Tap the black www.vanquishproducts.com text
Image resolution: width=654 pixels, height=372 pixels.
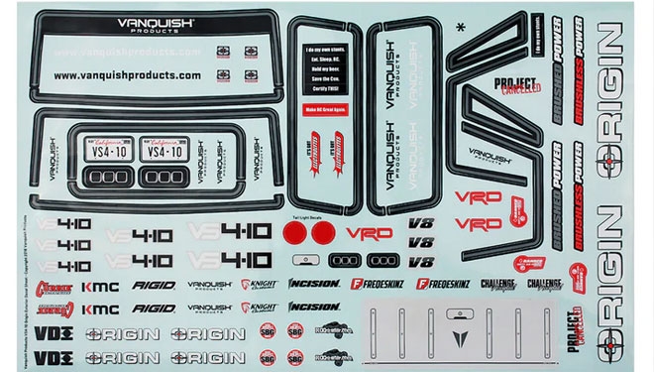[x=127, y=74]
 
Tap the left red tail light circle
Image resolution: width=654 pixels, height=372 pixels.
[x=293, y=233]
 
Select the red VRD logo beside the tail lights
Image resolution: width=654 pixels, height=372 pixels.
[x=369, y=233]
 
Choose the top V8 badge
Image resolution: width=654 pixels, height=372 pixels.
[x=420, y=224]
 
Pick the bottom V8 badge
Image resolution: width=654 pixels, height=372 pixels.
[x=420, y=262]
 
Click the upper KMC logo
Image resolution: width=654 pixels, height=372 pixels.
[x=100, y=287]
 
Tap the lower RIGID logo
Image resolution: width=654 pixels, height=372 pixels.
[x=154, y=309]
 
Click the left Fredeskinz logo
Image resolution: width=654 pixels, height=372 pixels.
[x=376, y=285]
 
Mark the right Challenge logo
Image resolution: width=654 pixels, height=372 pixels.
[x=543, y=285]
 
